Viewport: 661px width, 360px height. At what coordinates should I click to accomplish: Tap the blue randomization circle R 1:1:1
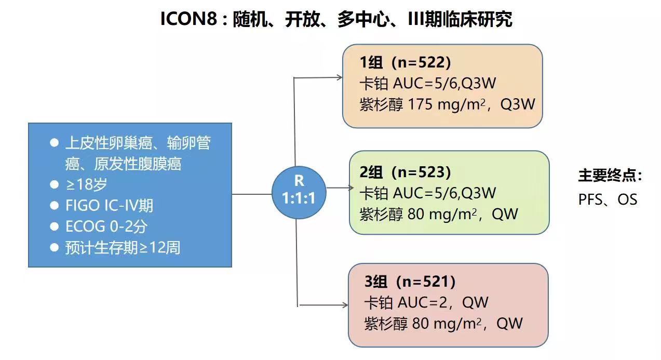[x=299, y=189]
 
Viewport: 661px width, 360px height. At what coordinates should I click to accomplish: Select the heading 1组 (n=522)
[x=405, y=62]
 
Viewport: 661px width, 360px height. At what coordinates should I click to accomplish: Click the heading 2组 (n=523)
[x=405, y=171]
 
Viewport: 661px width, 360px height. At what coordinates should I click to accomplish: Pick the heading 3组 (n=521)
[x=410, y=282]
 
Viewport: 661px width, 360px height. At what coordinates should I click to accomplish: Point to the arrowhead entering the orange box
[x=339, y=78]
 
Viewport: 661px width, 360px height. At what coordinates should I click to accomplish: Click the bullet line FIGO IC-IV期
[x=109, y=206]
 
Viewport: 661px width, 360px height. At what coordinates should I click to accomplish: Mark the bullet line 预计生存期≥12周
[x=123, y=248]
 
